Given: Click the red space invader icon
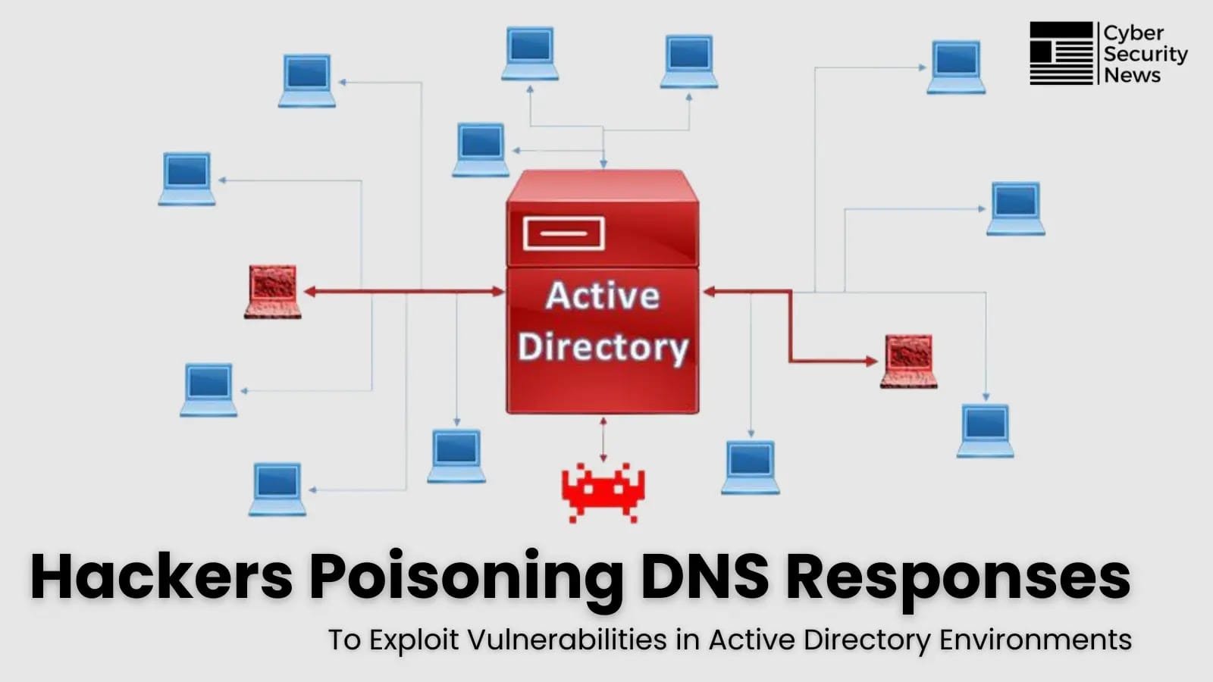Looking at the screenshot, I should pos(603,493).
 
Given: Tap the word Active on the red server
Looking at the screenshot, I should pos(602,296).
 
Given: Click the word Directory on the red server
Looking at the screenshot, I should pos(603,347).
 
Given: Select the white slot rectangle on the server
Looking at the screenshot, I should pos(563,233).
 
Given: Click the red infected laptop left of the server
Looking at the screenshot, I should pos(273,291).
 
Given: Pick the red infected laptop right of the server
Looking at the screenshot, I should pos(908,361).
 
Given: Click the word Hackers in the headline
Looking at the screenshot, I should pos(161,577).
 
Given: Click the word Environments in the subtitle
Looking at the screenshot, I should pos(1035,640).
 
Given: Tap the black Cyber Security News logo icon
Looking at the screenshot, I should pos(1061,53).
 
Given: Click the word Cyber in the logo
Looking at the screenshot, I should pos(1133,33).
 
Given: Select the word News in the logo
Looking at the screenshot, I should pos(1132,75).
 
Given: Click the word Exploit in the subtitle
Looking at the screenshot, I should pos(415,641).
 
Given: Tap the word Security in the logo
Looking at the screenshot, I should pos(1146,55).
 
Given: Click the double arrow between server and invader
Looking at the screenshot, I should pos(603,440).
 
